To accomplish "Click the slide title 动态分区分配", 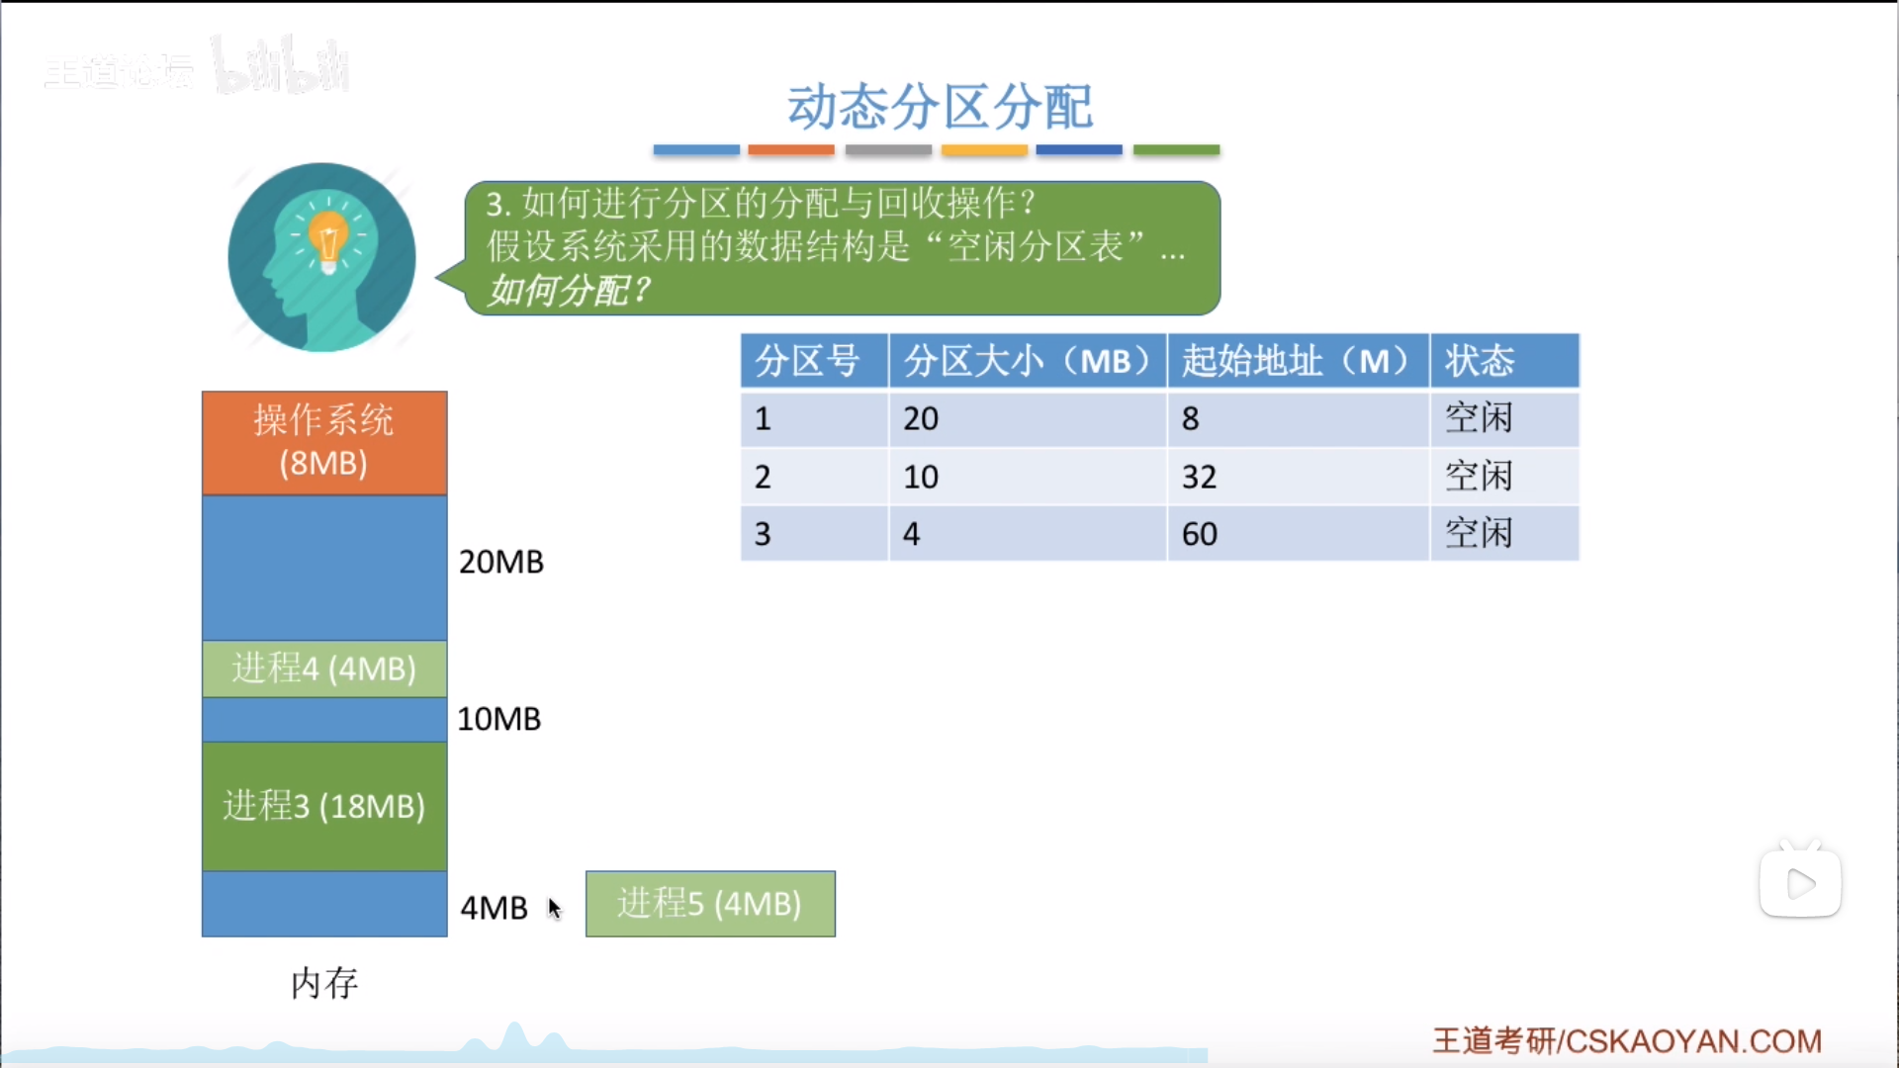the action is (940, 107).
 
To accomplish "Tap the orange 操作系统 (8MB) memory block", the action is (324, 442).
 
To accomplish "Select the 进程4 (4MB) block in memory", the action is (324, 668).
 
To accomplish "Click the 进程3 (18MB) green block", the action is (324, 806).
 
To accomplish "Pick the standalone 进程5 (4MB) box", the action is (710, 904).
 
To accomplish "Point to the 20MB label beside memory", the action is (501, 562).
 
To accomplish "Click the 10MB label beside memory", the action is (499, 719).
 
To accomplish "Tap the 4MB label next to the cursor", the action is (495, 908).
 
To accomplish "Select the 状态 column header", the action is (1504, 361).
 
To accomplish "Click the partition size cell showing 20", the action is (1028, 419).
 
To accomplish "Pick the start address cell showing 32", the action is (1299, 477).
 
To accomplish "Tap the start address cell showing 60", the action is (1299, 534).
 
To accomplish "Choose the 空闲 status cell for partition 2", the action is (1504, 477).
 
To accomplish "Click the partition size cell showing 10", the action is (1028, 477).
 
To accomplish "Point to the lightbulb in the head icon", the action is (328, 240).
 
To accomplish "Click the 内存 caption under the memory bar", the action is (324, 983).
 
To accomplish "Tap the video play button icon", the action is (1800, 883).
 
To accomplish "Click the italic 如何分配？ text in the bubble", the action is (570, 291).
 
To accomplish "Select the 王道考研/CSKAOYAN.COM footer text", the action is (1627, 1041).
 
